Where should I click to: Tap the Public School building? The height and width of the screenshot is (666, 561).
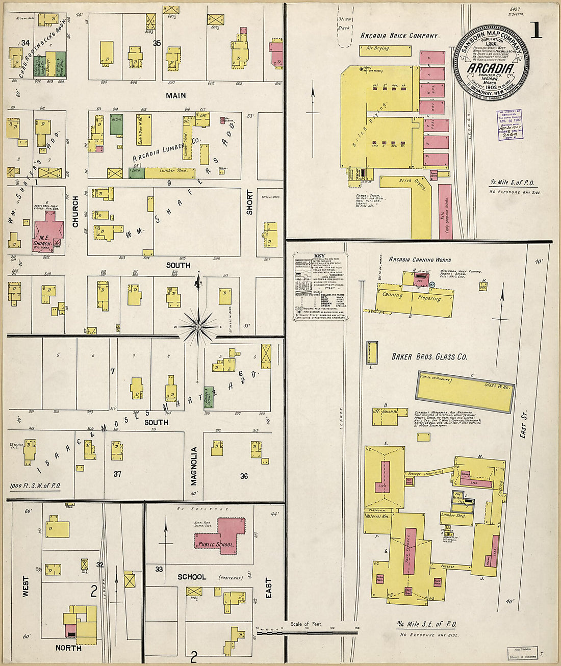tap(219, 535)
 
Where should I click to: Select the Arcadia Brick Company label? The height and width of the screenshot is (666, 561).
tap(399, 36)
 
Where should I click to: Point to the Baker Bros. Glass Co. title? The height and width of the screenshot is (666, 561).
tap(429, 357)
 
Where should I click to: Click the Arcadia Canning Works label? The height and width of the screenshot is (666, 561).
tap(420, 260)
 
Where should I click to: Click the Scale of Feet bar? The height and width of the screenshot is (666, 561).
tap(307, 631)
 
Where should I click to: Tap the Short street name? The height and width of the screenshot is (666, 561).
tap(249, 202)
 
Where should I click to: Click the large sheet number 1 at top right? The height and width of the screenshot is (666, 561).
tap(536, 31)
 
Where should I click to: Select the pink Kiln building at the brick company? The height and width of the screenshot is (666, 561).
tap(445, 212)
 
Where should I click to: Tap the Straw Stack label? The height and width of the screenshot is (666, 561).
tap(344, 23)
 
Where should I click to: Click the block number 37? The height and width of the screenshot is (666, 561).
tap(117, 474)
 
